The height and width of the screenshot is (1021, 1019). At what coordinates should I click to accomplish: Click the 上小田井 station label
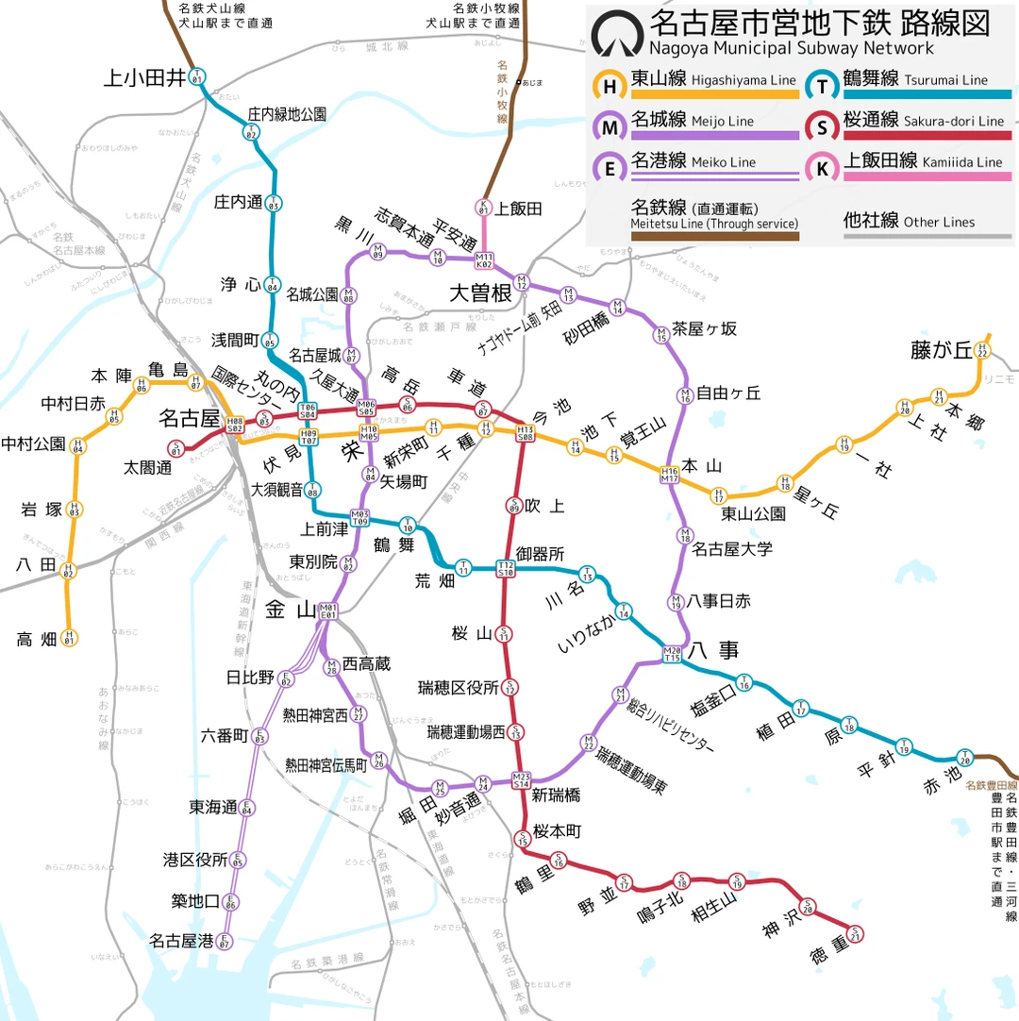coord(144,78)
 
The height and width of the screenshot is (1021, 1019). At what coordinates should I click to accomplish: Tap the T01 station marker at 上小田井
coord(197,76)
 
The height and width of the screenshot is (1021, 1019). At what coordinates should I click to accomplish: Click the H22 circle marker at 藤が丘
coord(983,350)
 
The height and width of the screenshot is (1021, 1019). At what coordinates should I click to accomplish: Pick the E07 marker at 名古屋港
coord(225,941)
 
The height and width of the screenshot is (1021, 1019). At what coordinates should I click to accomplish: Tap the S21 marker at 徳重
coord(855,934)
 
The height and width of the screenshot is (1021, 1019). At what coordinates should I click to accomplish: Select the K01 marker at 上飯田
coord(484,208)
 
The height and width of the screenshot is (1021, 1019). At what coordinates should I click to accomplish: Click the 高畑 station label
coord(37,640)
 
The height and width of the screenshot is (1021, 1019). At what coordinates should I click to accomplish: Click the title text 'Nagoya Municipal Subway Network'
coord(791,48)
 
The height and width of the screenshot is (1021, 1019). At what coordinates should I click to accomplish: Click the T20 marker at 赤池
coord(964,757)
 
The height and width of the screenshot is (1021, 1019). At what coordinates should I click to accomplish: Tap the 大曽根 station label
coord(479,293)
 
